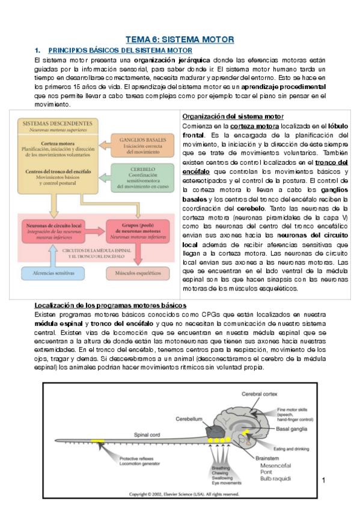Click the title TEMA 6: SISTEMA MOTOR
[x=183, y=39]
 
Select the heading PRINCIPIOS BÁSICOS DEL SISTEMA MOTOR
[x=120, y=51]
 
